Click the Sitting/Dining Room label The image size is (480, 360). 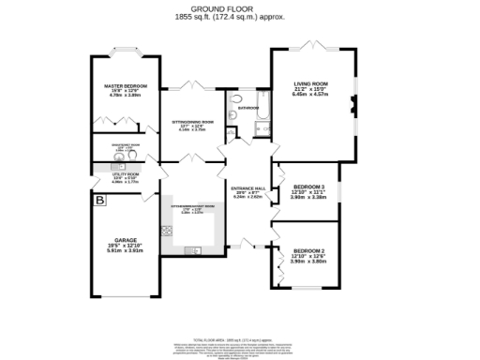[192, 122]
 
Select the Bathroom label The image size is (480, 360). [248, 108]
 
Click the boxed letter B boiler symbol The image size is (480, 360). [99, 200]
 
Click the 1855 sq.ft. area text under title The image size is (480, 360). [240, 19]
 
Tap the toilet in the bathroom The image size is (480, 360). [236, 100]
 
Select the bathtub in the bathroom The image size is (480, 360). [263, 115]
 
